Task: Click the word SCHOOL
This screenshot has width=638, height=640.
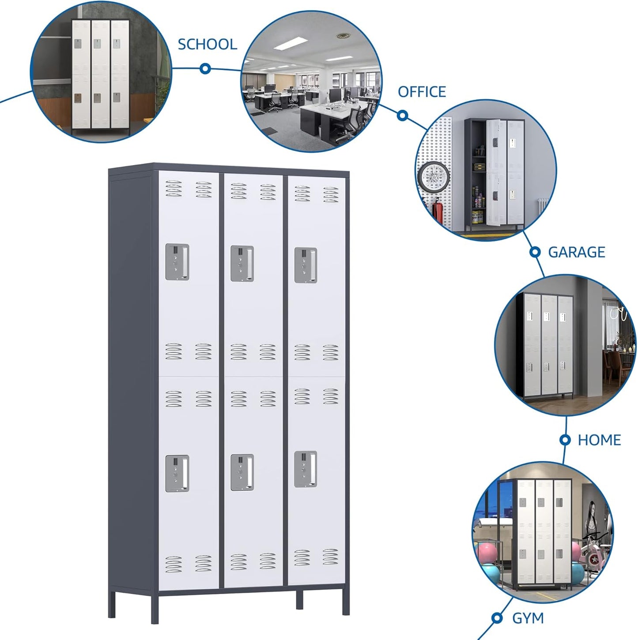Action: coord(207,44)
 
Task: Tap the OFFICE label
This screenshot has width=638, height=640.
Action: coord(422,92)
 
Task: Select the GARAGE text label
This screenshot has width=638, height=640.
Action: coord(576,252)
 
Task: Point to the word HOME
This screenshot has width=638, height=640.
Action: coord(599,440)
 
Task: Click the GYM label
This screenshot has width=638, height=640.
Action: coord(528,618)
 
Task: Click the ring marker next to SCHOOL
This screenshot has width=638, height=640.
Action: coord(205,68)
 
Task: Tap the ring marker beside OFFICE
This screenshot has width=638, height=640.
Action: coord(402,115)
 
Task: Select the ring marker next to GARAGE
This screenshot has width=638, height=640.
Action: coord(535,252)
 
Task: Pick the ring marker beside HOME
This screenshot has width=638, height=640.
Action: coord(565,440)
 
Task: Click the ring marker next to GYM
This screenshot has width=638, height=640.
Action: coord(497,618)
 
